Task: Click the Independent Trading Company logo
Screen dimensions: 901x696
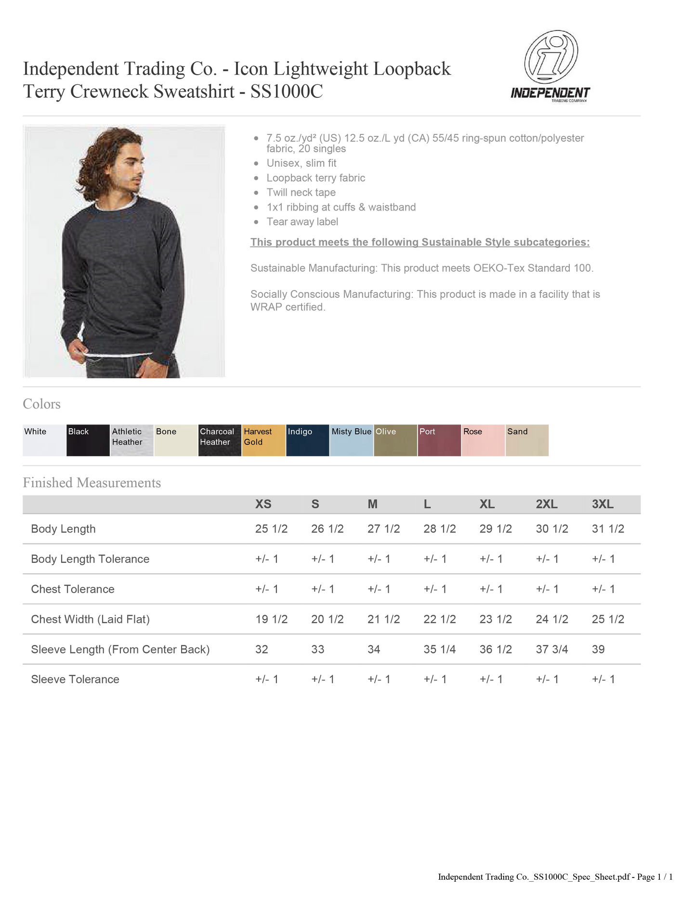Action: click(x=550, y=66)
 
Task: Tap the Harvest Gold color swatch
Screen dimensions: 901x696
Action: click(x=263, y=440)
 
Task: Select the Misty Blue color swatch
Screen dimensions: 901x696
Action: click(x=351, y=440)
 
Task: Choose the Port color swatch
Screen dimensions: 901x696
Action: click(x=439, y=440)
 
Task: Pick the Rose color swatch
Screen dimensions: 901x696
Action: click(x=483, y=440)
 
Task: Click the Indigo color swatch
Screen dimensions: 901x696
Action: click(x=307, y=440)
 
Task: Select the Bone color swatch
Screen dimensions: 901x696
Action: click(x=176, y=440)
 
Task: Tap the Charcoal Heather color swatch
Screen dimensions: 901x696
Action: click(x=220, y=440)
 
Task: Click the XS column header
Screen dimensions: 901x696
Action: click(x=263, y=504)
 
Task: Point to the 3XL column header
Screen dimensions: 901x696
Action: click(x=603, y=504)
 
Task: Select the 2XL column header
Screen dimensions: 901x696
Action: click(x=547, y=504)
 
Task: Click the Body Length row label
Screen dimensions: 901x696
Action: click(x=63, y=529)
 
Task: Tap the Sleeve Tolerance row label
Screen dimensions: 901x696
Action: click(x=75, y=679)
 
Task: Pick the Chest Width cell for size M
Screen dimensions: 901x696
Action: click(x=383, y=619)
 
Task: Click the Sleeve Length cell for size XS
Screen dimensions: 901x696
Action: click(x=262, y=649)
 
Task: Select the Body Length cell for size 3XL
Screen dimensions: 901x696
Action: click(x=608, y=529)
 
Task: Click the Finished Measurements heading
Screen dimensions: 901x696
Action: click(x=92, y=482)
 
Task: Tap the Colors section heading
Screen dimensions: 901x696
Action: click(x=41, y=404)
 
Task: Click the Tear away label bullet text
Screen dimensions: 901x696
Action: click(x=302, y=222)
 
